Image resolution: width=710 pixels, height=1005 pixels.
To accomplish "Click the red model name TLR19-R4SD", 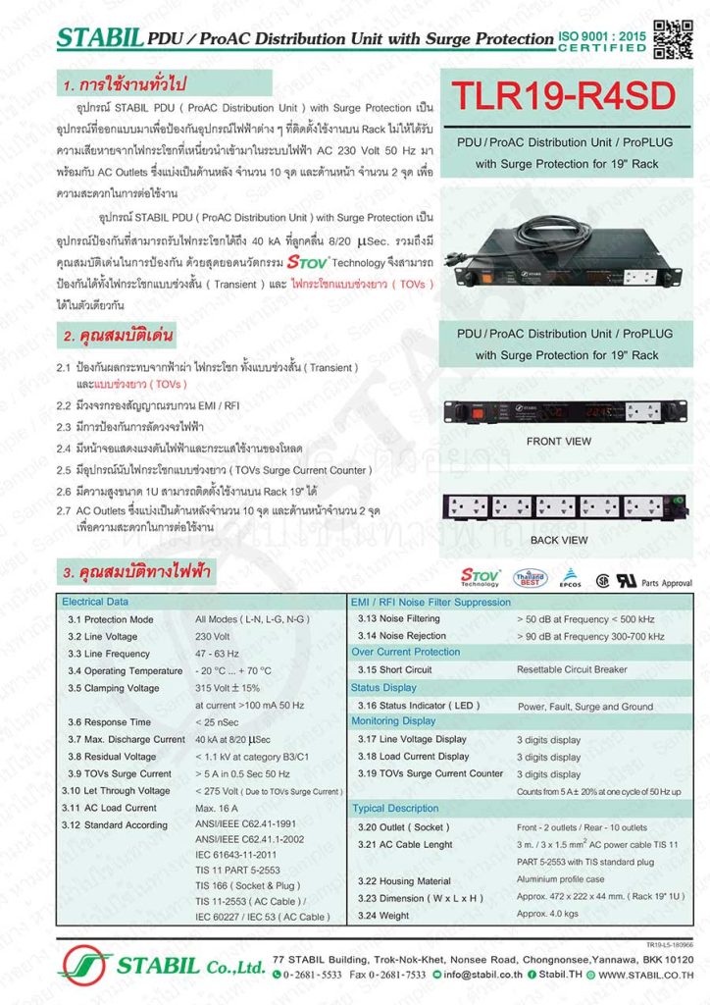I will coord(564,96).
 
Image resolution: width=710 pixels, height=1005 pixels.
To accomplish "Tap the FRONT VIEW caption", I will coord(558,442).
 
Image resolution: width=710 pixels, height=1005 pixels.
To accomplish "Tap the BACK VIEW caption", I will coord(558,540).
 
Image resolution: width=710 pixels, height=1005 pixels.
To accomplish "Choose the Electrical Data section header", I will coord(95,602).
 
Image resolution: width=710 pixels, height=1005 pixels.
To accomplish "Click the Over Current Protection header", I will coord(405,652).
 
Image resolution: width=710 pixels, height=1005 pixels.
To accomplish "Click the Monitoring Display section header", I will coord(394,721).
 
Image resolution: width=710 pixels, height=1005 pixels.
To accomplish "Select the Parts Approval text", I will coord(667,583).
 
